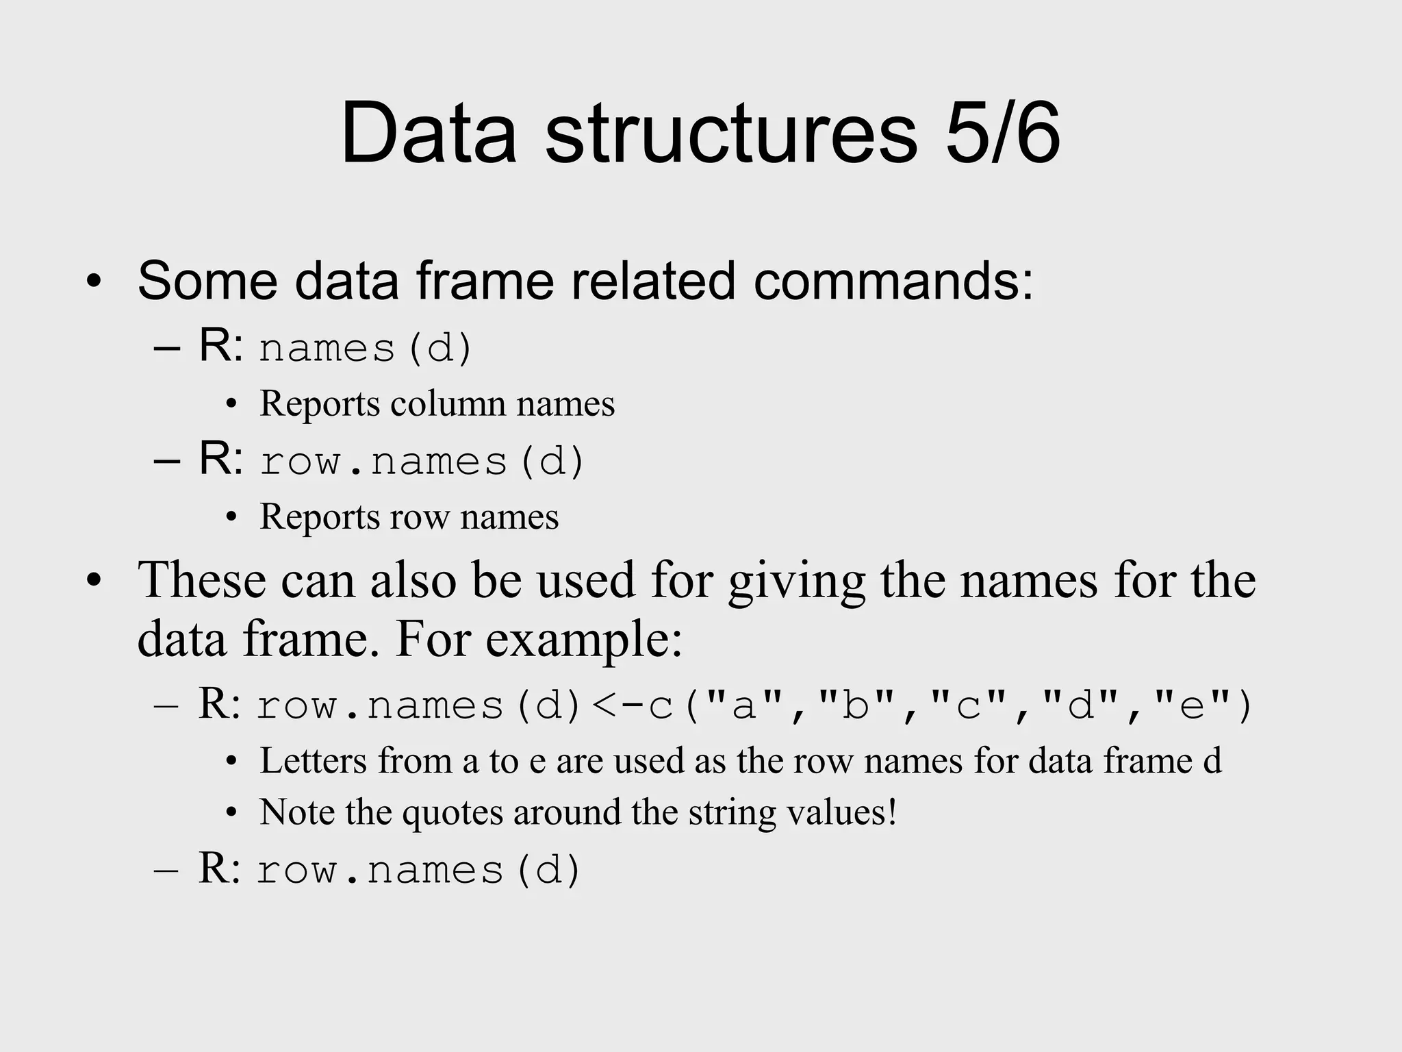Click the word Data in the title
pyautogui.click(x=428, y=133)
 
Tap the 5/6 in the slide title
pyautogui.click(x=1003, y=133)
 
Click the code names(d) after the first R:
pyautogui.click(x=366, y=348)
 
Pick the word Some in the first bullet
pyautogui.click(x=207, y=281)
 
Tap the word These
pyautogui.click(x=201, y=580)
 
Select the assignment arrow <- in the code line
pyautogui.click(x=617, y=705)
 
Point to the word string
pyautogui.click(x=732, y=813)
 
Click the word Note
pyautogui.click(x=296, y=812)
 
